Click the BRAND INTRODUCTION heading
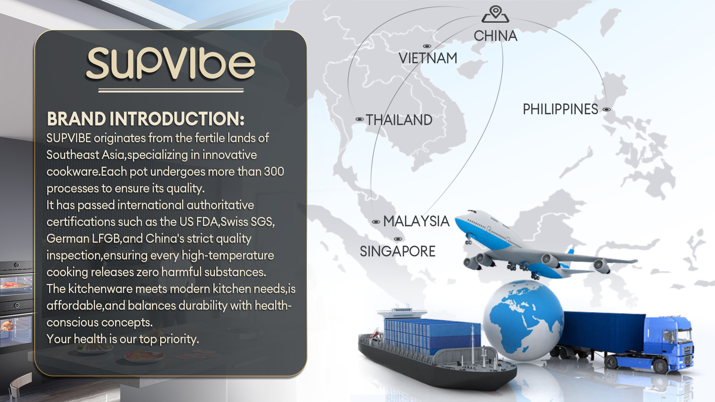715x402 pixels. click(x=146, y=119)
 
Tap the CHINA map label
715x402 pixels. click(x=495, y=36)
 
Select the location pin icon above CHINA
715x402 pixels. click(x=495, y=14)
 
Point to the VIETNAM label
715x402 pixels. click(x=428, y=58)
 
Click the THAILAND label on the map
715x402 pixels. click(x=399, y=120)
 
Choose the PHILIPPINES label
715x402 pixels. click(x=560, y=109)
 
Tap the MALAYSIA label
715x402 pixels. click(x=416, y=221)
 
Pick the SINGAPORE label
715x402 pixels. click(x=397, y=251)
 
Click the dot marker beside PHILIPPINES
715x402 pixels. click(x=607, y=109)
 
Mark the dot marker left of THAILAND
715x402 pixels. click(x=359, y=119)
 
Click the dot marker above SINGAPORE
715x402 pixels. click(x=398, y=239)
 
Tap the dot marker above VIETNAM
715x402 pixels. click(x=427, y=46)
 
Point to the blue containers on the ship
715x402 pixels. click(x=432, y=335)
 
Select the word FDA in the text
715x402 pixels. click(x=207, y=221)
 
